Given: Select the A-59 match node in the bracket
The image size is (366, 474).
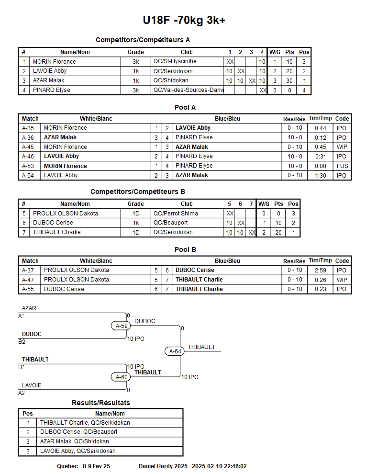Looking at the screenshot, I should point(122,326).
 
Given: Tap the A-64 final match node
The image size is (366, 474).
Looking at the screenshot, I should point(175,351).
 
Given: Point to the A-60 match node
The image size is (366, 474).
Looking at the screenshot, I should point(122,377).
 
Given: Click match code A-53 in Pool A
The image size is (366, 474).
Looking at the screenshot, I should point(28,166).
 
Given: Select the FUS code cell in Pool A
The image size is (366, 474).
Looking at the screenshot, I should point(342,166).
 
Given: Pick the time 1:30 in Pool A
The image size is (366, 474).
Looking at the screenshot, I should point(320,175).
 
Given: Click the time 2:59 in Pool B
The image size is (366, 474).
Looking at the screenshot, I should point(320,270).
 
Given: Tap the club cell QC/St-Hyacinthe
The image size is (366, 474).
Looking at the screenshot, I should point(175,62).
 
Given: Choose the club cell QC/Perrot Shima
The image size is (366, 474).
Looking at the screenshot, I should point(175,214).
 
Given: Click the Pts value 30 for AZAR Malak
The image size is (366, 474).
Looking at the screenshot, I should point(289,81).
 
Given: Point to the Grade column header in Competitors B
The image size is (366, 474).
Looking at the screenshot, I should point(135,204).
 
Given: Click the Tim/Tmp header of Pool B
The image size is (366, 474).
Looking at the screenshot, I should point(320,261).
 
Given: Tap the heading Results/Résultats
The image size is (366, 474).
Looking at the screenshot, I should point(100,403).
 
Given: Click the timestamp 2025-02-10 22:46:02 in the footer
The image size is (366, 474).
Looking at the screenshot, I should point(219,466).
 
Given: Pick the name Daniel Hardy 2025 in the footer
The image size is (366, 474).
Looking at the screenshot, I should point(163,466).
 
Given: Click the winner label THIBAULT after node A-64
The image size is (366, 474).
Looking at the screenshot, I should point(201,347).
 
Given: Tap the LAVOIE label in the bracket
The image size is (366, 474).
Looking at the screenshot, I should point(32,385).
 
